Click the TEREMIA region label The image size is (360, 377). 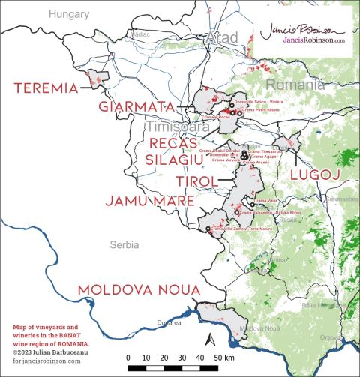(x=46, y=88)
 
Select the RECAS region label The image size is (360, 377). (x=173, y=142)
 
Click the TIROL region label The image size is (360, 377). (x=196, y=182)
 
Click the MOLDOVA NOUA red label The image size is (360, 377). (x=138, y=289)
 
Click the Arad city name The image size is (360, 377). (x=224, y=37)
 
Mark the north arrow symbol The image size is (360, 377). (x=211, y=340)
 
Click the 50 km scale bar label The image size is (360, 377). (x=223, y=358)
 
